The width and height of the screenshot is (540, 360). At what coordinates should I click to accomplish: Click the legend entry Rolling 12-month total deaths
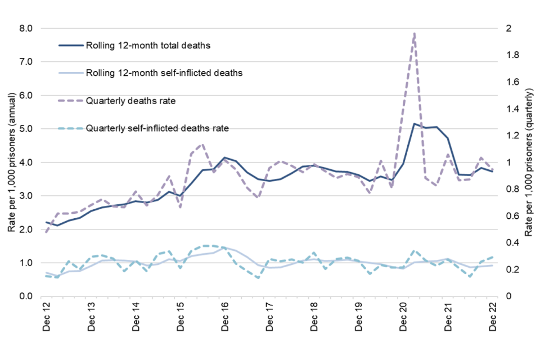(x=148, y=46)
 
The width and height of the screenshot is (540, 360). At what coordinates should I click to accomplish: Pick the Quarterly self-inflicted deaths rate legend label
(x=157, y=129)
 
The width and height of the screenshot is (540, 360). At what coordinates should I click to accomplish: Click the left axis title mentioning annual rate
(x=11, y=162)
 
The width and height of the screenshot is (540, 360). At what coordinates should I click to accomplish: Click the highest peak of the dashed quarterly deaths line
(x=415, y=33)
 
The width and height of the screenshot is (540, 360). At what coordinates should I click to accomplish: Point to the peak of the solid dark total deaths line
(x=415, y=124)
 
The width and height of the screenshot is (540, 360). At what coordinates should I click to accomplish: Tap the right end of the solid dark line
(x=493, y=171)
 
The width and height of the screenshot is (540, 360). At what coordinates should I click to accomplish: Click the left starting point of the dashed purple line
(x=46, y=232)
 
